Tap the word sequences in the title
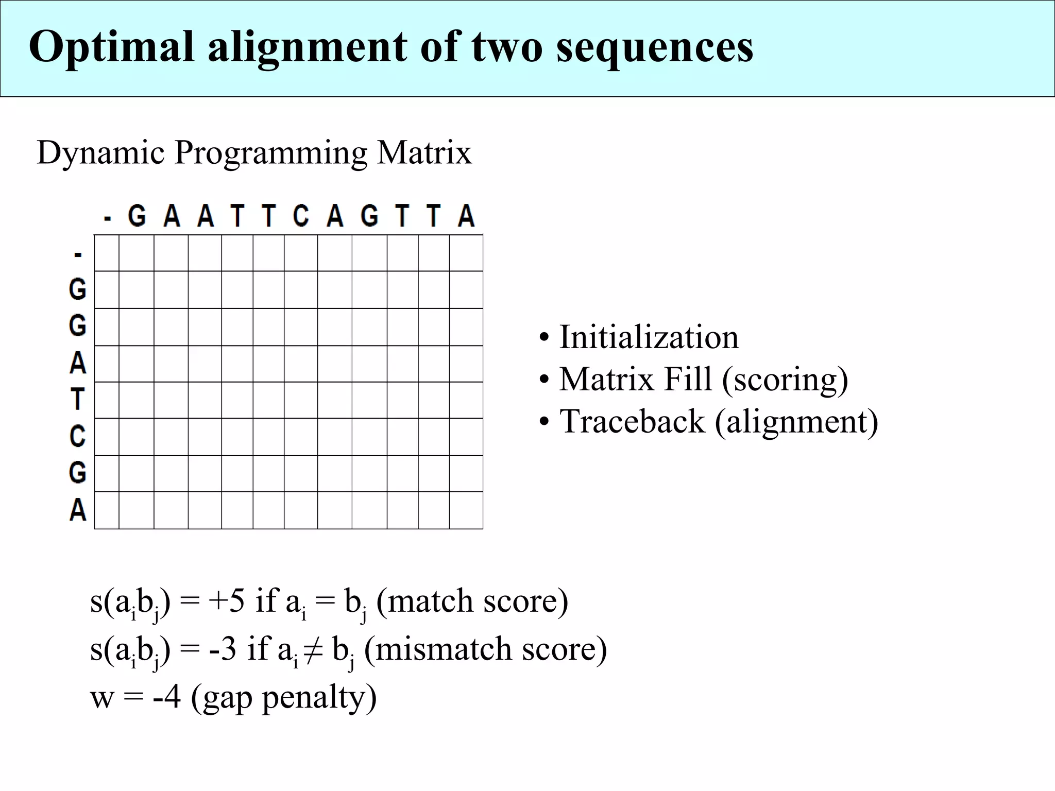pyautogui.click(x=655, y=47)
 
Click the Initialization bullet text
pyautogui.click(x=649, y=337)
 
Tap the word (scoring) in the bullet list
pyautogui.click(x=785, y=380)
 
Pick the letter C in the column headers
pyautogui.click(x=301, y=216)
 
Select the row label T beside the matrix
pyautogui.click(x=77, y=399)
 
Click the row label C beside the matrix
pyautogui.click(x=77, y=437)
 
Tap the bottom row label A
pyautogui.click(x=77, y=510)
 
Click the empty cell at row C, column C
pyautogui.click(x=301, y=437)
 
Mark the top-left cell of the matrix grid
pyautogui.click(x=107, y=253)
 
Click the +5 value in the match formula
pyautogui.click(x=226, y=601)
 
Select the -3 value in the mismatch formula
pyautogui.click(x=223, y=649)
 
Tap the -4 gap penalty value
pyautogui.click(x=167, y=697)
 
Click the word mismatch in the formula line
pyautogui.click(x=444, y=649)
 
